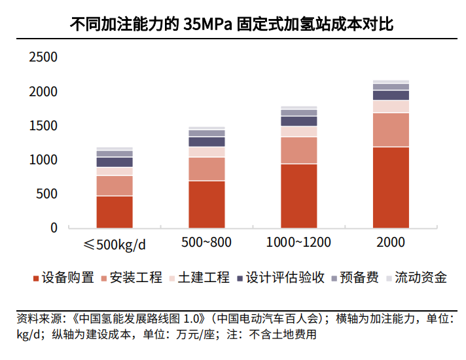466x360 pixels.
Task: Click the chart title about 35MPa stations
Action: [x=232, y=26]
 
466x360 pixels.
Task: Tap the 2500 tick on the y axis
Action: [x=44, y=58]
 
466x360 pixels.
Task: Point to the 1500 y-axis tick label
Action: [x=44, y=126]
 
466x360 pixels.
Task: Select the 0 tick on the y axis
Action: [x=54, y=228]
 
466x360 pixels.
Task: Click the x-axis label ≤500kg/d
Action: [x=115, y=245]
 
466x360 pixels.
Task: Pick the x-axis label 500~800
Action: [x=206, y=242]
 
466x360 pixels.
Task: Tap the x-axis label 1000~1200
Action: [x=298, y=242]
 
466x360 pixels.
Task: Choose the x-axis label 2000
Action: [x=391, y=242]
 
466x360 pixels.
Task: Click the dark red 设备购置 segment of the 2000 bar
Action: [x=391, y=187]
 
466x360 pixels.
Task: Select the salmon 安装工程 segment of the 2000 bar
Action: [x=391, y=130]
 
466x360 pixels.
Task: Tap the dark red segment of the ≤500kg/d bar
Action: [x=115, y=211]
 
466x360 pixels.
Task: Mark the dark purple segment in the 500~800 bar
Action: [x=206, y=141]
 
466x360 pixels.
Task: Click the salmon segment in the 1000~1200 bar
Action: [x=298, y=150]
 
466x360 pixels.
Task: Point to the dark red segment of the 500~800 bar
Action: [x=206, y=204]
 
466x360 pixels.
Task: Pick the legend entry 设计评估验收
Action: [x=285, y=278]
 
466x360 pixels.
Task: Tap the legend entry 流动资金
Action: [x=421, y=278]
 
